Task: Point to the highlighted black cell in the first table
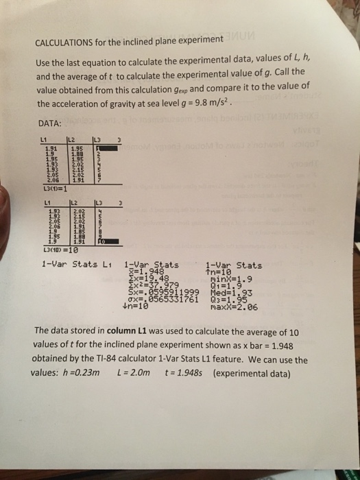pos(99,147)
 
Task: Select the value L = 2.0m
pos(136,374)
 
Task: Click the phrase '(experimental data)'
pos(250,374)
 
